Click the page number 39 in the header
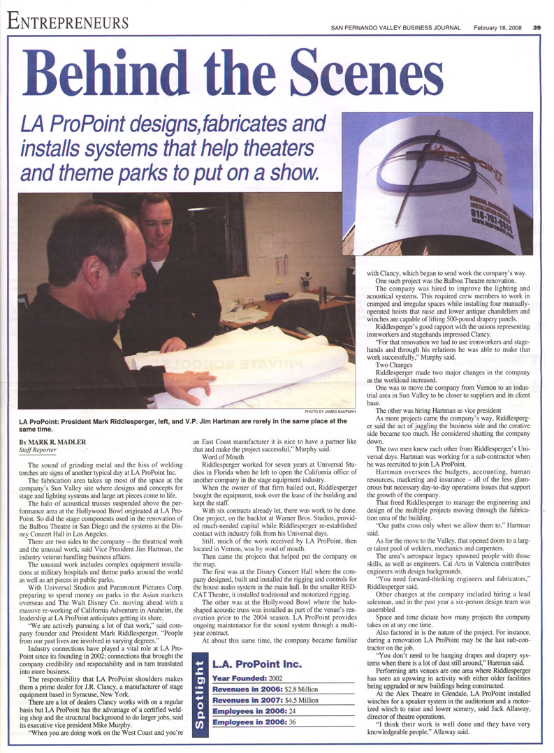pos(537,28)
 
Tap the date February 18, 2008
pos(497,28)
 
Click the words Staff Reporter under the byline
pos(38,451)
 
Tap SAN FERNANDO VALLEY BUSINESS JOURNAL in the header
pos(396,28)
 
